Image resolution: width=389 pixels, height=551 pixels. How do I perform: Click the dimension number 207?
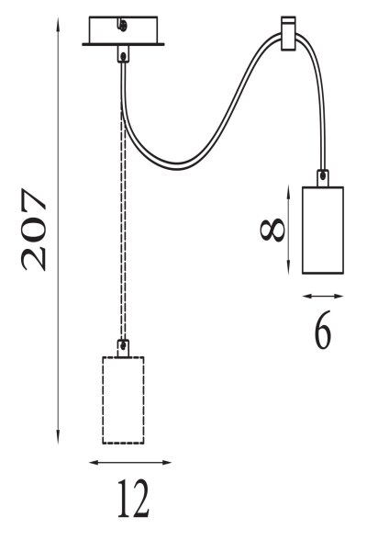coord(34,230)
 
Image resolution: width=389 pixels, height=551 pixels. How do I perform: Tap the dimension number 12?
coord(133,499)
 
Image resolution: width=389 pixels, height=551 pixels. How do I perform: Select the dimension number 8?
coord(272,230)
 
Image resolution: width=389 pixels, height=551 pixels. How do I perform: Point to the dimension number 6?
coord(323,330)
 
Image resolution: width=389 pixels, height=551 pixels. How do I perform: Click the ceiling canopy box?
coord(123,31)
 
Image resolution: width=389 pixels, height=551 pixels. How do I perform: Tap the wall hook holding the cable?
coord(288,33)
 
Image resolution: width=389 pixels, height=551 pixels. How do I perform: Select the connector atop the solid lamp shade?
coord(323,178)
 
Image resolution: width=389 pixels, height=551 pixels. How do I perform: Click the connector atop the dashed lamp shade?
coord(123,348)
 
